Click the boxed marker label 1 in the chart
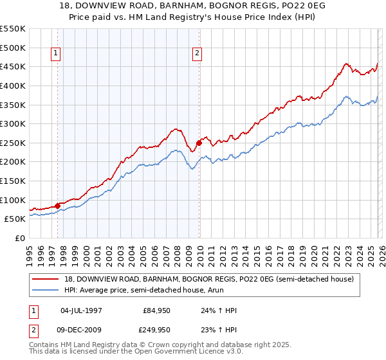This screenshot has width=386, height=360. click(x=57, y=54)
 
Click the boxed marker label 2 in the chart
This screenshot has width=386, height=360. click(x=197, y=54)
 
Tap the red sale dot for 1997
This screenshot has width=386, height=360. click(x=57, y=206)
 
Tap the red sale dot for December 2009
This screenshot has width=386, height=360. click(x=199, y=143)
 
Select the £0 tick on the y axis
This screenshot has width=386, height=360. click(x=21, y=238)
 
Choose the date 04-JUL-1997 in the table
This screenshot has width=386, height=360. click(x=81, y=310)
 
